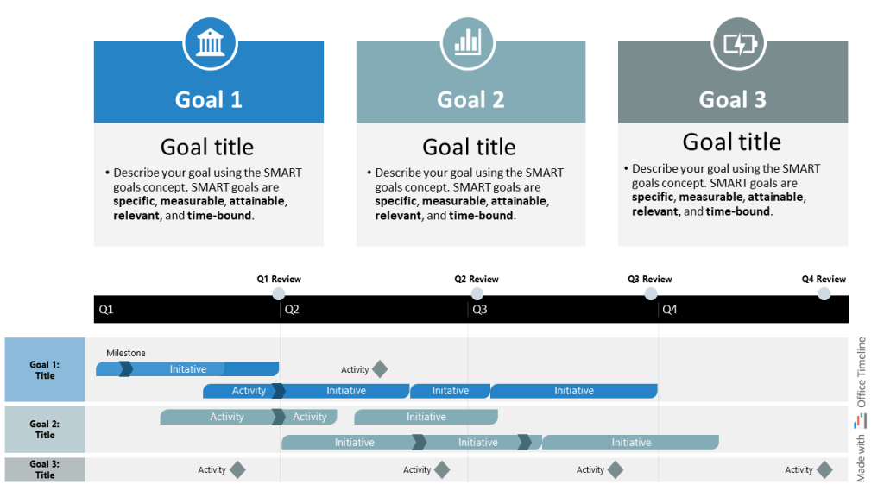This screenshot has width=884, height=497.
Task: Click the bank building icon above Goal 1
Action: (210, 41)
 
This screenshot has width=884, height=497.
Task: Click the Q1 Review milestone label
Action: (279, 280)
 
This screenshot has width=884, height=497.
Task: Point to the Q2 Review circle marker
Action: (477, 294)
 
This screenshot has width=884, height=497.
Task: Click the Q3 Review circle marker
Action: (651, 294)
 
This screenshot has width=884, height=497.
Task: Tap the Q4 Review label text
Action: (824, 280)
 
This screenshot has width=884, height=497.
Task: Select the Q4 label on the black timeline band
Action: (669, 309)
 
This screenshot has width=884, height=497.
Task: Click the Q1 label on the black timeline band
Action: (106, 309)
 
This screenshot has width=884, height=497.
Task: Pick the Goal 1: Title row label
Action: (45, 370)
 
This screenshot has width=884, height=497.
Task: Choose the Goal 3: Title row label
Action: (45, 469)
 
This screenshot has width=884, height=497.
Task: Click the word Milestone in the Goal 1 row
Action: (126, 353)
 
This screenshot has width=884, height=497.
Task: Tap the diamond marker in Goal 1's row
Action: (379, 369)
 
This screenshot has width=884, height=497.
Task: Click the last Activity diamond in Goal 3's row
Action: (824, 470)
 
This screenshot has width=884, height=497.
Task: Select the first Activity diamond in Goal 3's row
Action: (237, 470)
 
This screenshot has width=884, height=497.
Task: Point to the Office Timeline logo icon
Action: (860, 421)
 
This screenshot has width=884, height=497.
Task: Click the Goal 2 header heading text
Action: (470, 100)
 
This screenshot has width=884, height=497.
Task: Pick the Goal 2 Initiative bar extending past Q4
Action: (631, 443)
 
